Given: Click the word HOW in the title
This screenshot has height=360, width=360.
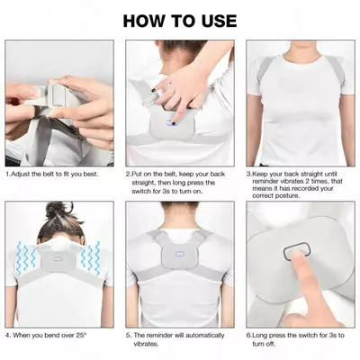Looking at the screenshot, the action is (x=144, y=21).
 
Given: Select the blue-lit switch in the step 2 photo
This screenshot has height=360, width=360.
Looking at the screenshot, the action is (x=173, y=121).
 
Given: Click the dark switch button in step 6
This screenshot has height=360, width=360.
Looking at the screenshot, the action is (x=297, y=252).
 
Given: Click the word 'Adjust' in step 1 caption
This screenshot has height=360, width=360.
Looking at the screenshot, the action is (x=20, y=175).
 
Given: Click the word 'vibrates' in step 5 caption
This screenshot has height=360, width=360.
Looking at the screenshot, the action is (x=145, y=344).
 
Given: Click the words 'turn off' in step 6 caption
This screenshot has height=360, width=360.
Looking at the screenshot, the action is (x=264, y=344).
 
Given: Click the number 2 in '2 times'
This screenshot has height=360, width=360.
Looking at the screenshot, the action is (x=310, y=182).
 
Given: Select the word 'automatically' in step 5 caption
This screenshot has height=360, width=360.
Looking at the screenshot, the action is (x=204, y=336).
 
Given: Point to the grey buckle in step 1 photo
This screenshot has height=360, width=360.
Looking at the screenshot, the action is (x=58, y=94).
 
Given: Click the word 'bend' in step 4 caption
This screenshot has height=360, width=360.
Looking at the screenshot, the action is (x=52, y=336).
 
